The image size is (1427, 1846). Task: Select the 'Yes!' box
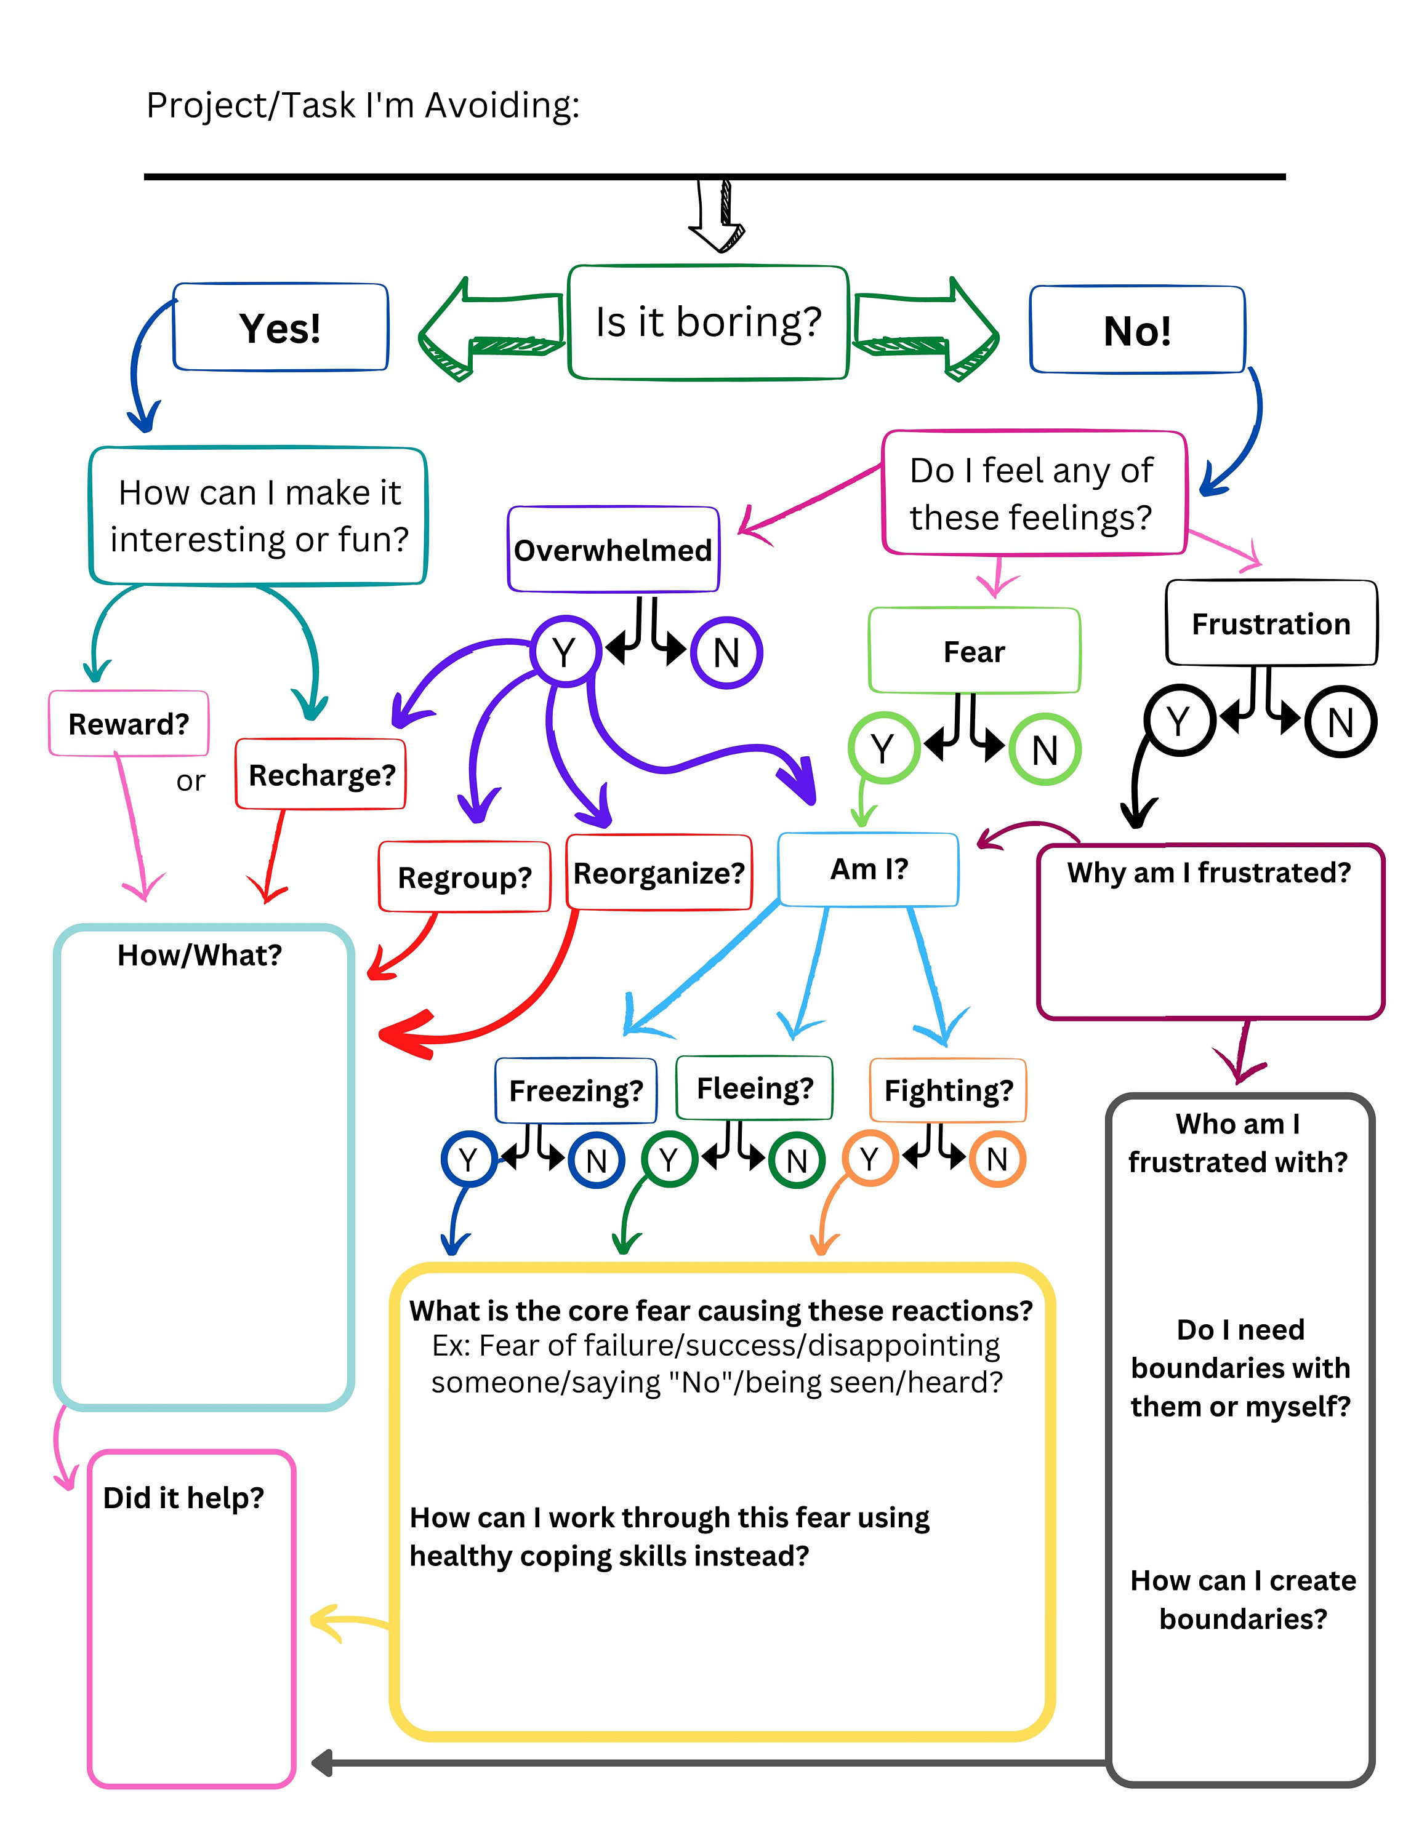280,327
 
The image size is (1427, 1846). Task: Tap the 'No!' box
1137,330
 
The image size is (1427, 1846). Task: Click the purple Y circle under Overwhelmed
564,652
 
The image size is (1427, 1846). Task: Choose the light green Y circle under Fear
883,748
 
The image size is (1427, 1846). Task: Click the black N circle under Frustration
1340,722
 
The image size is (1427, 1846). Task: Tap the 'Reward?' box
129,724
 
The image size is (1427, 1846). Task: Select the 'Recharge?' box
321,774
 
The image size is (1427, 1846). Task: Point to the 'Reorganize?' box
659,873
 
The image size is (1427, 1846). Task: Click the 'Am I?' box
868,869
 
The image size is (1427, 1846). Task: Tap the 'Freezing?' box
576,1090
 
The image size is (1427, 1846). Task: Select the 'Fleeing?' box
754,1088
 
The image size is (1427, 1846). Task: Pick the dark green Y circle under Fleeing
669,1160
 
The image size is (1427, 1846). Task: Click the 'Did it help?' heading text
183,1497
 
